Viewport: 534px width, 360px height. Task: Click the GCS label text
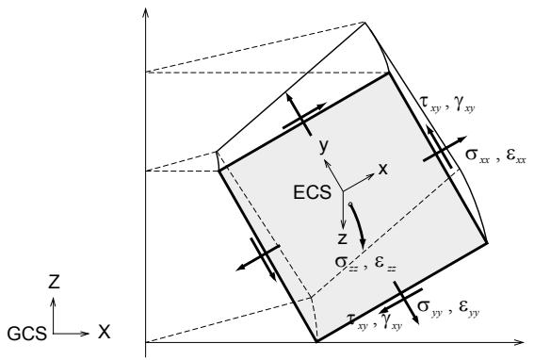click(27, 334)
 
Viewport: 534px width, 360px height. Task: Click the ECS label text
click(312, 192)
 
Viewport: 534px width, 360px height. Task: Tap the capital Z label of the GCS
click(54, 282)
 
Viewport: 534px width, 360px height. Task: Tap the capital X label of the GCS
click(105, 332)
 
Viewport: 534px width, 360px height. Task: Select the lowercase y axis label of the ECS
click(324, 147)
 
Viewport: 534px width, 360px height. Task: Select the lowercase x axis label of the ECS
click(383, 169)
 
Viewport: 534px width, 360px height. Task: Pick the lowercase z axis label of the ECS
click(343, 239)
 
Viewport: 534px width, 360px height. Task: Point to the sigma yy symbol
click(429, 307)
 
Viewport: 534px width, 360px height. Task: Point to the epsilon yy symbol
click(469, 307)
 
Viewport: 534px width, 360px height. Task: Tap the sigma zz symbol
click(347, 264)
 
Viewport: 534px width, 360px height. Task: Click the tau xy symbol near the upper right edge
click(430, 104)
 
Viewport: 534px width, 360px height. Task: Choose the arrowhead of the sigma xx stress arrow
click(461, 139)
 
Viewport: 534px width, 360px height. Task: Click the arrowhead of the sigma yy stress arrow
click(414, 319)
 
